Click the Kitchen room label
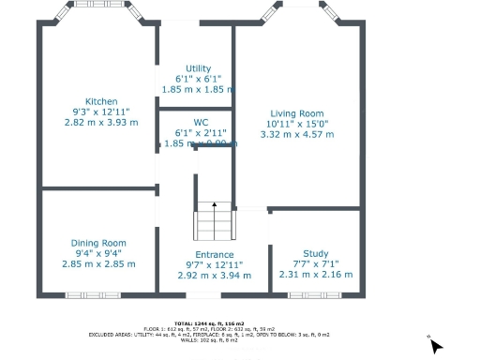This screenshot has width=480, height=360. pos(101,101)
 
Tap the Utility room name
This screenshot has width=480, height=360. pos(199,68)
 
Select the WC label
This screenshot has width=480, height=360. pos(201,123)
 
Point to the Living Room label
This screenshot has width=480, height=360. pos(297,113)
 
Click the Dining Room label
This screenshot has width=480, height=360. pos(99,243)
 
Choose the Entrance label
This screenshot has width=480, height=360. pos(215,255)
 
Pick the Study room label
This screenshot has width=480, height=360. pos(316,253)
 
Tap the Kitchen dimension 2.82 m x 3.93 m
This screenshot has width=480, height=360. pos(101,122)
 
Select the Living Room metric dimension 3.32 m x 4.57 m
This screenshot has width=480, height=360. pos(297,134)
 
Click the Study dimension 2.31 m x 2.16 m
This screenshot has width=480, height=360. pos(316,274)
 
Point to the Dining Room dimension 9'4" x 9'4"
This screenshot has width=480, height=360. pos(99,253)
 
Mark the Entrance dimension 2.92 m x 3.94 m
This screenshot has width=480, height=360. pos(215,276)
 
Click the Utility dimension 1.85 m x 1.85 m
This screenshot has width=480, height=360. pos(199,89)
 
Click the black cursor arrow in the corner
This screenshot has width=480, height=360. pos(434,345)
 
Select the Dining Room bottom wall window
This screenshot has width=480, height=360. pos(93,295)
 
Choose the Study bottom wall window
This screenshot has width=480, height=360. pos(314,295)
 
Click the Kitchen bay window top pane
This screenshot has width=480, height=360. pos(97,4)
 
